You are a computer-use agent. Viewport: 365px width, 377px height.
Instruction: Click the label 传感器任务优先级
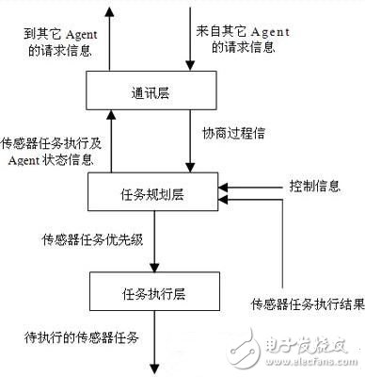tap(90, 238)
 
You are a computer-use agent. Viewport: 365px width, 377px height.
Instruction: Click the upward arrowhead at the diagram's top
tap(111, 11)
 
